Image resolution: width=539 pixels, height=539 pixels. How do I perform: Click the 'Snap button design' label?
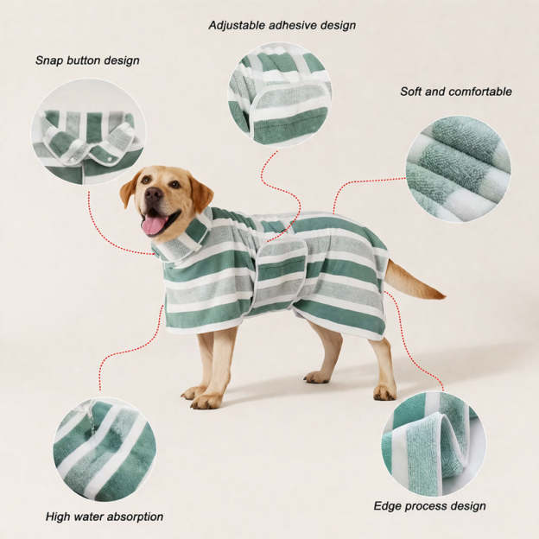click(x=87, y=60)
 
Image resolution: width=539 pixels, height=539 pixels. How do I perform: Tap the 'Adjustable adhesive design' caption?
click(x=282, y=25)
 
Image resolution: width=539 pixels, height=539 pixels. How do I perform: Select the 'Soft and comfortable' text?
click(x=455, y=91)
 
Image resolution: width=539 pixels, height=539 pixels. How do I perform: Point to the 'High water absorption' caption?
click(x=105, y=517)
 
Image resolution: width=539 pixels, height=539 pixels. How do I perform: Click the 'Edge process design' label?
click(x=429, y=505)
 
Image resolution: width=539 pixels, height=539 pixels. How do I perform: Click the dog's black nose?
click(x=152, y=194)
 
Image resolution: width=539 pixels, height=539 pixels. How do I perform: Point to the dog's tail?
click(x=415, y=282)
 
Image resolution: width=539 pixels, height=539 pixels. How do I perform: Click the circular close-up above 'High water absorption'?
click(x=105, y=449)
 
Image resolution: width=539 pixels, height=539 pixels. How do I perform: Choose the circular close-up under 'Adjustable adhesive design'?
click(x=279, y=94)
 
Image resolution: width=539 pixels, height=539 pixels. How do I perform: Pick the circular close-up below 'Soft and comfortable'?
click(x=458, y=169)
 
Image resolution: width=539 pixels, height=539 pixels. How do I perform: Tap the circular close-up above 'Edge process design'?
click(x=433, y=444)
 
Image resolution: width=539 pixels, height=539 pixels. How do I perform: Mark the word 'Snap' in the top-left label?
click(x=49, y=60)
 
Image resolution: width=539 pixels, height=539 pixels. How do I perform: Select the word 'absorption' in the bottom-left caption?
click(x=134, y=517)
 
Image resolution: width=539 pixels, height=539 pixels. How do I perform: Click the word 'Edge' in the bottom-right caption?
click(x=387, y=505)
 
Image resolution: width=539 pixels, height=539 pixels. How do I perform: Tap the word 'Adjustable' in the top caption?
click(x=236, y=25)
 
